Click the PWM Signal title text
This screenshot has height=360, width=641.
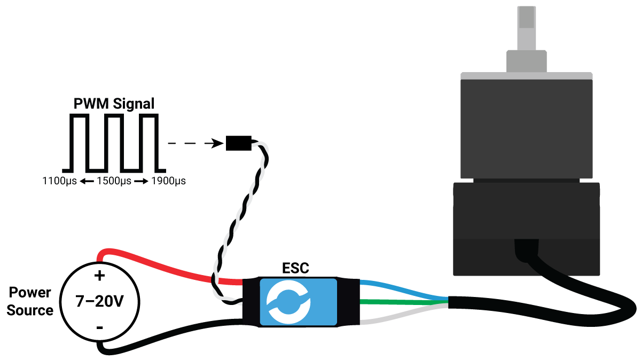click(114, 104)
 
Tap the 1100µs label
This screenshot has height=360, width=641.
click(60, 181)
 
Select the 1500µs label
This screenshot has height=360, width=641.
click(114, 181)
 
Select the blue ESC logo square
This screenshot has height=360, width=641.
click(298, 302)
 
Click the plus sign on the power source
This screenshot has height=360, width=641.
click(99, 276)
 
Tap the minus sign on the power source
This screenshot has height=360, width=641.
click(99, 327)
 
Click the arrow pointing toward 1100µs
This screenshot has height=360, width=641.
click(87, 181)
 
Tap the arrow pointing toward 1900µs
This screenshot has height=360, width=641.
click(141, 181)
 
